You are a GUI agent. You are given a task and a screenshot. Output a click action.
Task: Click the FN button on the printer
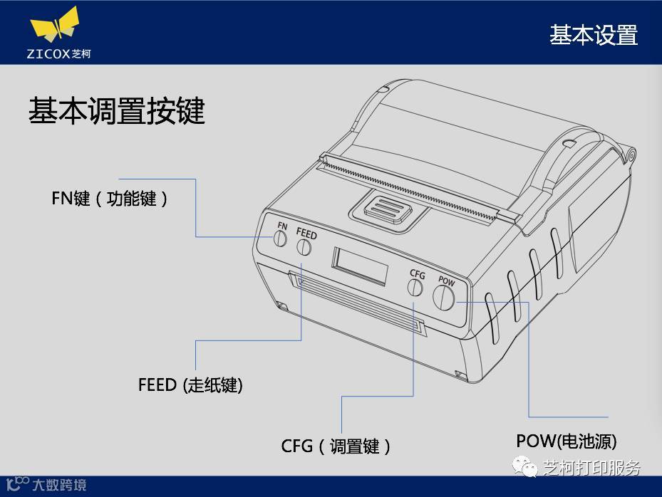[281, 241]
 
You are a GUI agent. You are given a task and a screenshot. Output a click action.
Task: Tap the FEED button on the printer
[304, 247]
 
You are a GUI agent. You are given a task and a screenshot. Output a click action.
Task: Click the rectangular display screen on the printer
[360, 266]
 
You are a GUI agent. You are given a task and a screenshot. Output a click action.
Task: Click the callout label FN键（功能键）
[110, 199]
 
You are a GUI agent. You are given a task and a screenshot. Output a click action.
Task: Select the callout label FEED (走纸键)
[190, 385]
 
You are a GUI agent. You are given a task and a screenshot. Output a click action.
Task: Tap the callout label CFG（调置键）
[336, 446]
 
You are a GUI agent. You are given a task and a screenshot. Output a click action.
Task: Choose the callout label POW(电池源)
[567, 441]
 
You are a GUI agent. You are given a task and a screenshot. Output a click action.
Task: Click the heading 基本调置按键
[117, 111]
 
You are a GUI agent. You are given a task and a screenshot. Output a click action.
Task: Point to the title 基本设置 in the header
[593, 35]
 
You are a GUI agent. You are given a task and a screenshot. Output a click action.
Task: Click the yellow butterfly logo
[54, 26]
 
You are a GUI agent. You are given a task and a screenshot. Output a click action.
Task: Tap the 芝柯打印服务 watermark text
[591, 468]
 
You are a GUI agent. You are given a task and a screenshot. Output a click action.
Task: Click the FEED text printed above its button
[306, 234]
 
